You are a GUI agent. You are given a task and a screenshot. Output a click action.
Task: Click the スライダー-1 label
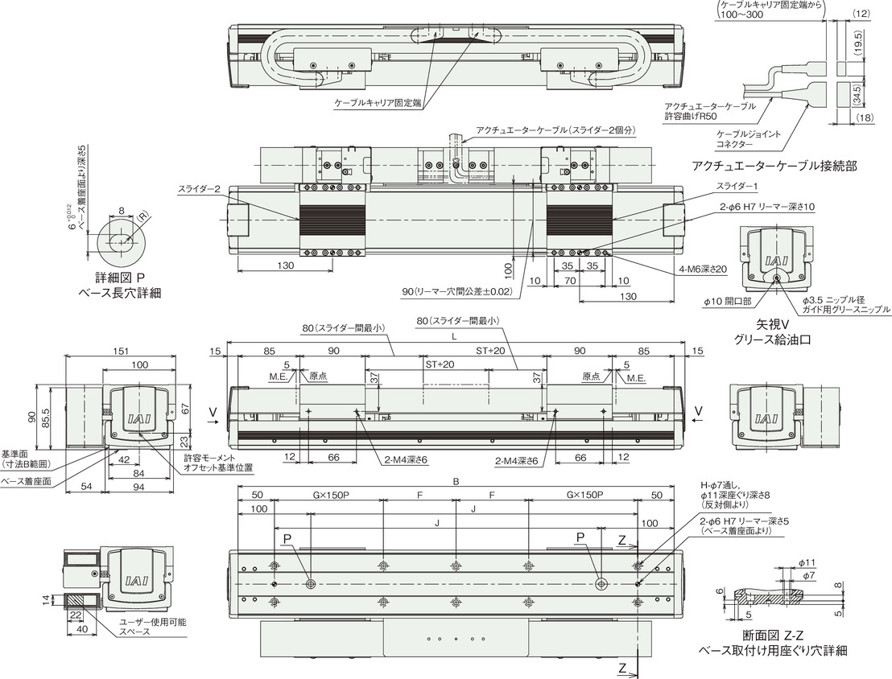[x=737, y=186]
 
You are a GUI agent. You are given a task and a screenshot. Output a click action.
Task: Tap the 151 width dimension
[x=121, y=351]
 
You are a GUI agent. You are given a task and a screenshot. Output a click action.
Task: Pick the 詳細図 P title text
[x=120, y=278]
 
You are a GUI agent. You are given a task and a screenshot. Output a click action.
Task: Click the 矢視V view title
[x=774, y=325]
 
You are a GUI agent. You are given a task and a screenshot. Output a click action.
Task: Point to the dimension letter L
[x=453, y=336]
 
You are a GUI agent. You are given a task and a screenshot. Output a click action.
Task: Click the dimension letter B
[x=456, y=481]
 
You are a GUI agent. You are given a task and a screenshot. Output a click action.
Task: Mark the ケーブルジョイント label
[x=749, y=134]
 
